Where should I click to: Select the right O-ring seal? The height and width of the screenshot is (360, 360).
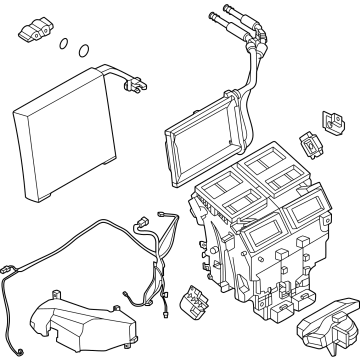coord(83,50)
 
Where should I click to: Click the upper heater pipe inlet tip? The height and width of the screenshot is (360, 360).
coord(213,14)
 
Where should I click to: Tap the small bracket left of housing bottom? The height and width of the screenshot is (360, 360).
coord(189,299)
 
